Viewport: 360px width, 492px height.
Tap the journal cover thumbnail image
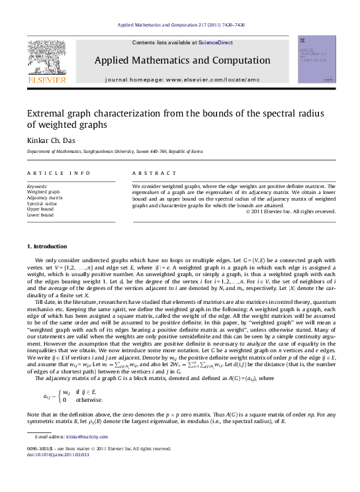(317, 60)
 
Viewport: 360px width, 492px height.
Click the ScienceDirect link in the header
(215, 42)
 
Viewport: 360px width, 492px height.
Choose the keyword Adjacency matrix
(45, 197)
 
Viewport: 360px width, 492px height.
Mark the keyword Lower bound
(40, 215)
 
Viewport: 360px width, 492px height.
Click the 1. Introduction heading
(50, 246)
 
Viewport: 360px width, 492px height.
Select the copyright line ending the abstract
(291, 211)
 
